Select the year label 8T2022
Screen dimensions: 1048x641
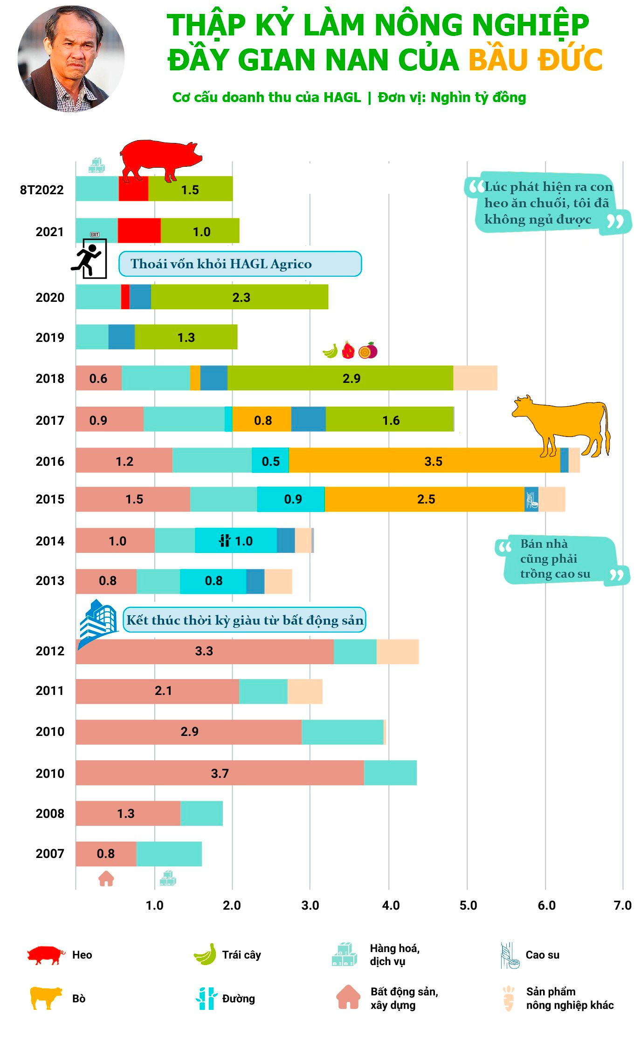(41, 190)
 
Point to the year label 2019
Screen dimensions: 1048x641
(50, 337)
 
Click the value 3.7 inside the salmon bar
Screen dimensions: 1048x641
(220, 773)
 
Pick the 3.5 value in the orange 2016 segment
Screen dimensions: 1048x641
(433, 461)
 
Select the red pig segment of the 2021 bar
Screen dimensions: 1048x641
(139, 231)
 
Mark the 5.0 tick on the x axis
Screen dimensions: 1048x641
(468, 905)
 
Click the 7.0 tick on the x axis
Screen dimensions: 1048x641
(622, 905)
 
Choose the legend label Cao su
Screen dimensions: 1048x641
(542, 955)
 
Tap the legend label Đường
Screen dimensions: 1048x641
(238, 999)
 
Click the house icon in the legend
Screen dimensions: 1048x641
(348, 997)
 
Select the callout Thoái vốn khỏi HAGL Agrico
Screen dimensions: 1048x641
(240, 264)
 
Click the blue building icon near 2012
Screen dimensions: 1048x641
(97, 622)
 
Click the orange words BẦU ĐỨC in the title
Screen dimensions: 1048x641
(535, 60)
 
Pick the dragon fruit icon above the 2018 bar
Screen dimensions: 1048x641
(348, 350)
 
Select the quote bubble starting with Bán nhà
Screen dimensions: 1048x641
(559, 559)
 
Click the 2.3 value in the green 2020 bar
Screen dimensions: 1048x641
(241, 297)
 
